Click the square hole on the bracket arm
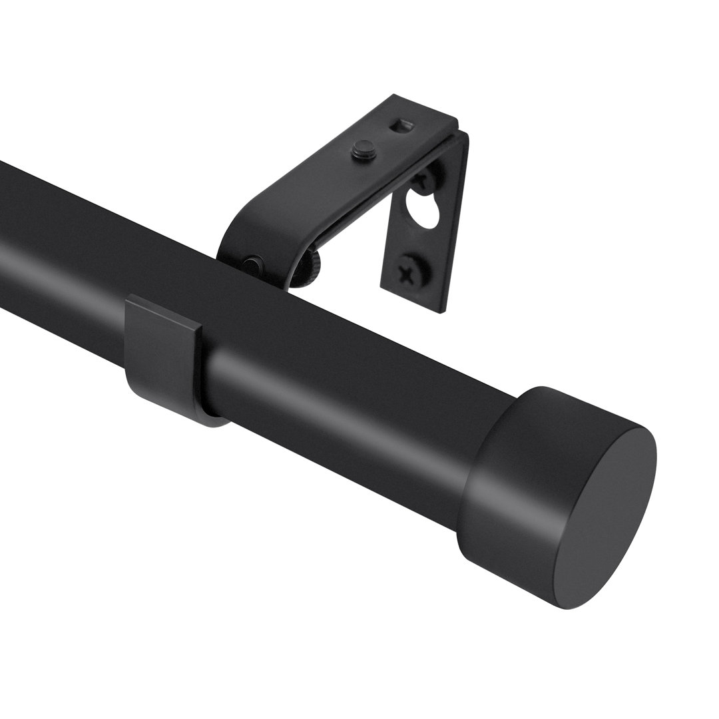[401, 125]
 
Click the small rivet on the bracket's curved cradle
[252, 265]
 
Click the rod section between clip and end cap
[346, 399]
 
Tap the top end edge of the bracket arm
[426, 110]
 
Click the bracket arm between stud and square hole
[383, 136]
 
